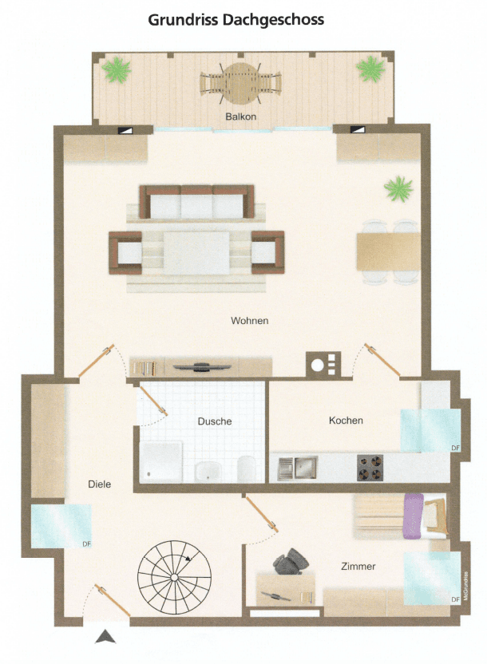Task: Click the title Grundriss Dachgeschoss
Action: (x=236, y=20)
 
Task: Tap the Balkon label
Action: (x=240, y=117)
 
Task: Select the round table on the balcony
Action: (x=240, y=82)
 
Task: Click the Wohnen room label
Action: (x=250, y=321)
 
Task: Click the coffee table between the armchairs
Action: (x=196, y=252)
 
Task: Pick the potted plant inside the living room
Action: (x=398, y=189)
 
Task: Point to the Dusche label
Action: (x=215, y=421)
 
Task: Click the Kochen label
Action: (x=346, y=421)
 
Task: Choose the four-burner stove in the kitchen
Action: (x=370, y=467)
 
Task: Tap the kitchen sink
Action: (x=297, y=468)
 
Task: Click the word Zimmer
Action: (x=357, y=567)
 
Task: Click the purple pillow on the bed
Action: (x=413, y=516)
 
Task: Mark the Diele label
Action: (x=99, y=484)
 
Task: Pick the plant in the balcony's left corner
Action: (x=117, y=69)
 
